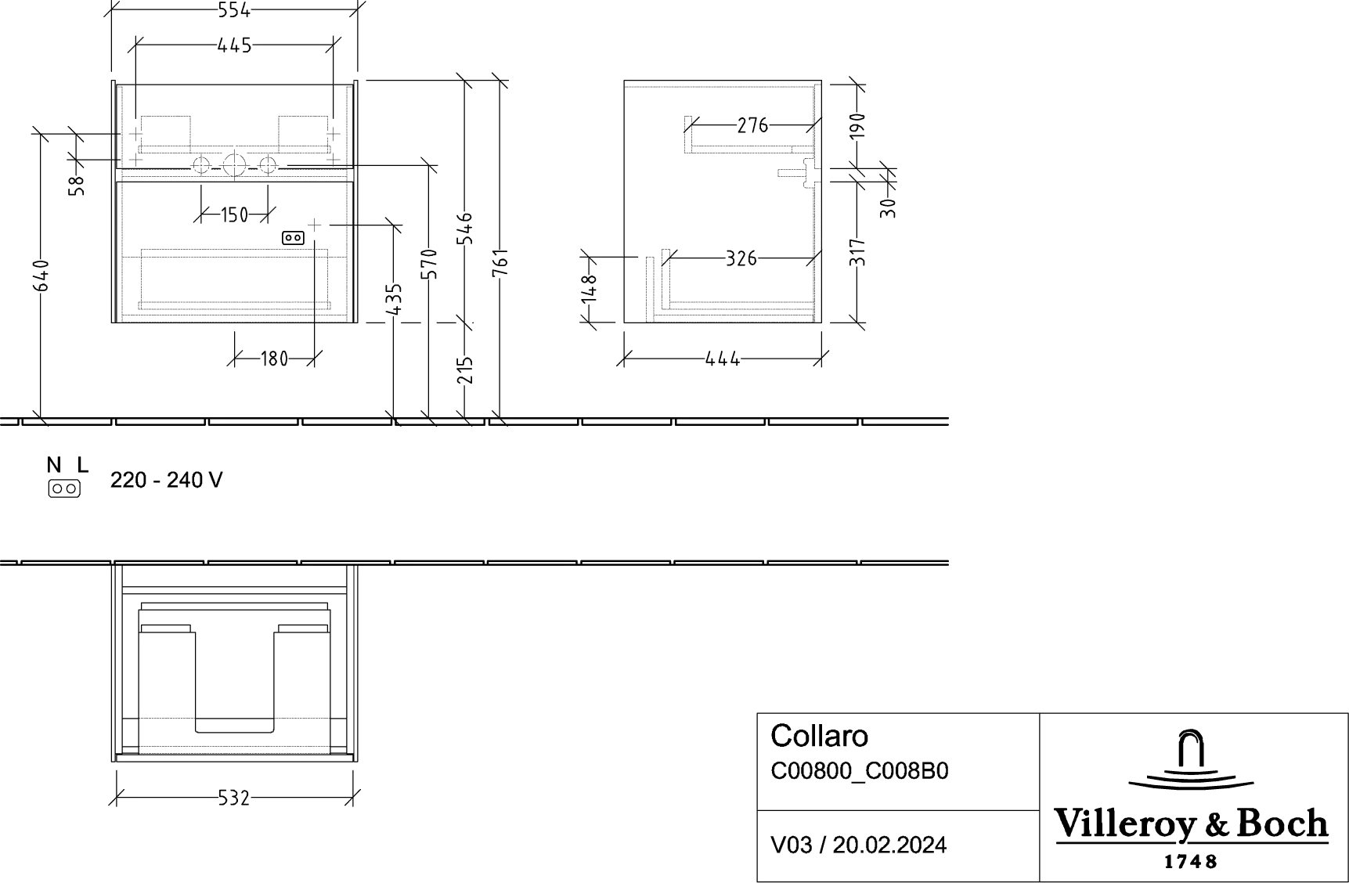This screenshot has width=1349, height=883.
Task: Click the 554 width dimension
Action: tap(235, 9)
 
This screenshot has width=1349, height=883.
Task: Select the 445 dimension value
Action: tap(235, 46)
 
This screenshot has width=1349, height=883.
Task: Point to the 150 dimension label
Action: tap(234, 214)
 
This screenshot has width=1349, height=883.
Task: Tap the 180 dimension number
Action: tap(274, 359)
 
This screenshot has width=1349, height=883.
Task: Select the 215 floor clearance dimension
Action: tap(465, 370)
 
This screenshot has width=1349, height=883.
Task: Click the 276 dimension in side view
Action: tap(752, 125)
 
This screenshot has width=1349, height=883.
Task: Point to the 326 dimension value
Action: tap(741, 258)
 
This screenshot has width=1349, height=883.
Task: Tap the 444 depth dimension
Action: tap(723, 359)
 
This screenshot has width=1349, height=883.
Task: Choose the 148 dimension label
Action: tap(590, 288)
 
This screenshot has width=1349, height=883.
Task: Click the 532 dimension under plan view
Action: tap(234, 798)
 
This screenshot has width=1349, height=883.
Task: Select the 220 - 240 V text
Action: tap(166, 480)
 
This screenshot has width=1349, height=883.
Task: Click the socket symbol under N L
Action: tap(64, 489)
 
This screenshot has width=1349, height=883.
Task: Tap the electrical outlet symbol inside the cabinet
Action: tap(293, 238)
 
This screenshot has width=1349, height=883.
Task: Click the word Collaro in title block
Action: tap(820, 736)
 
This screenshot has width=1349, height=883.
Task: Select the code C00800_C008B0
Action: tap(860, 772)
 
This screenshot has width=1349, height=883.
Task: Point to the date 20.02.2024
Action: tap(889, 845)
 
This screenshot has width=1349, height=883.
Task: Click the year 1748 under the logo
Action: tap(1192, 862)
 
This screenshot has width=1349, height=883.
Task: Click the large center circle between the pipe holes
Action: tap(234, 165)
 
